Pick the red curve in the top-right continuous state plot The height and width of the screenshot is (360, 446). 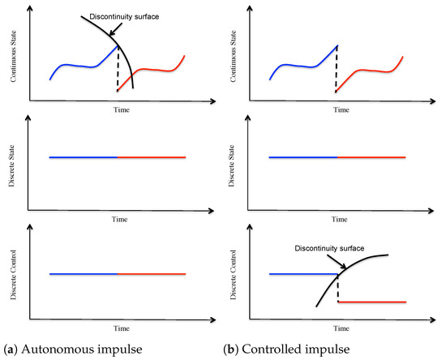[x=373, y=70]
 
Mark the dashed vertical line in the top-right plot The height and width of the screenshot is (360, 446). [x=337, y=69]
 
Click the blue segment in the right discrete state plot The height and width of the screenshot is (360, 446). [x=302, y=156]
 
